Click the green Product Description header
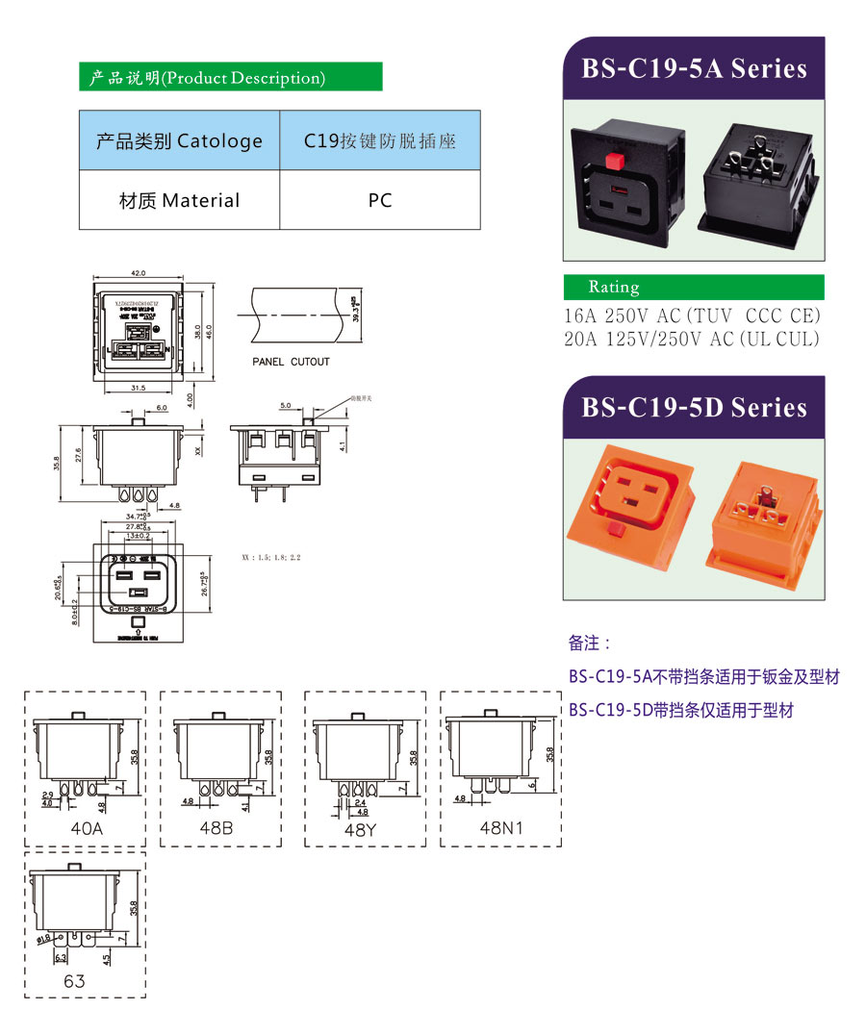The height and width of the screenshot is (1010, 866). [x=230, y=78]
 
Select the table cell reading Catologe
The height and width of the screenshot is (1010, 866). [x=179, y=140]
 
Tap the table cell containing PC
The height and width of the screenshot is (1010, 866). [x=380, y=200]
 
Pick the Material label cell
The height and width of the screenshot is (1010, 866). [x=179, y=200]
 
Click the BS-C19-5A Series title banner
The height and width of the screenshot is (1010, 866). [x=694, y=68]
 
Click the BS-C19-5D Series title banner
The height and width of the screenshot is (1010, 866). [x=694, y=407]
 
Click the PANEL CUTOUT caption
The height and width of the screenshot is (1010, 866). [x=291, y=362]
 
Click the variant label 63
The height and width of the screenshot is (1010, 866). [x=74, y=981]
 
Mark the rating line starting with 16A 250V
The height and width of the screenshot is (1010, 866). [x=693, y=316]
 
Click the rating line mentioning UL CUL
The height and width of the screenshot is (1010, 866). [x=693, y=339]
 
